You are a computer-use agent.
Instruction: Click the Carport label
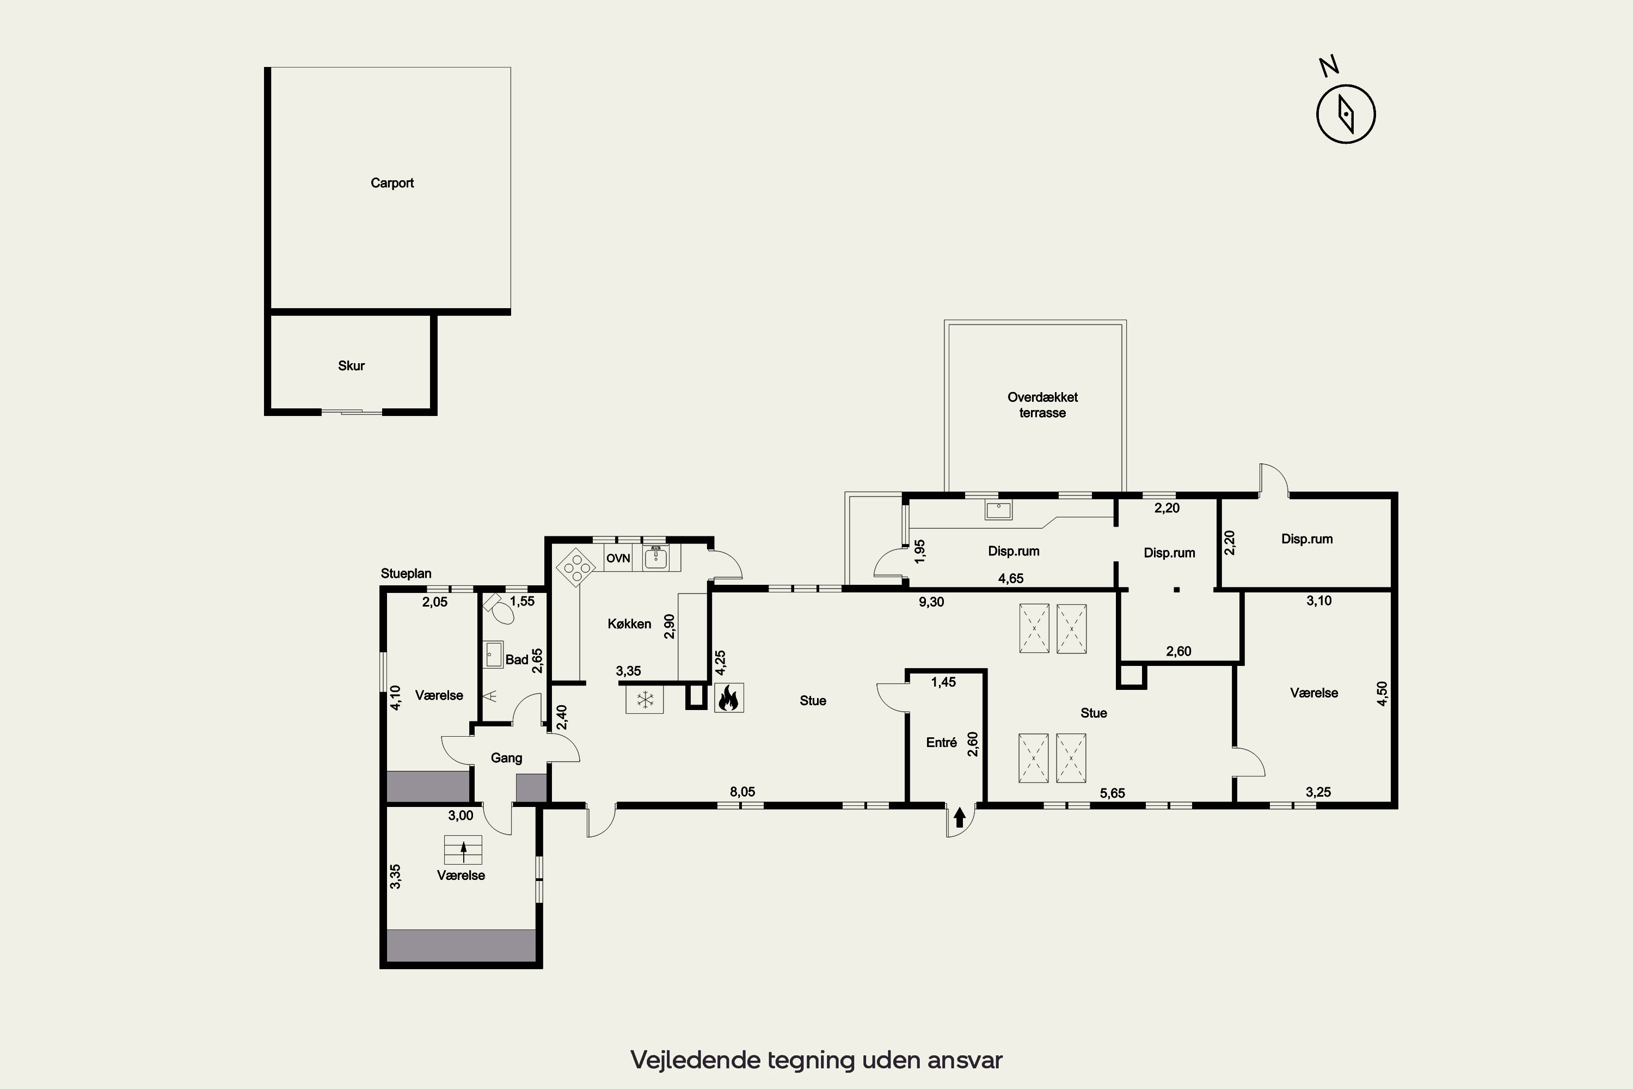coord(392,182)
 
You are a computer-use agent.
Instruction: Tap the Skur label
coord(351,366)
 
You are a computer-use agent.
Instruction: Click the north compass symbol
coord(1346,114)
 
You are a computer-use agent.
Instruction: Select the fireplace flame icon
coord(728,698)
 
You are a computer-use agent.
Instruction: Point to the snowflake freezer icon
coord(645,699)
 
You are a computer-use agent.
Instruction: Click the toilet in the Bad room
coord(499,610)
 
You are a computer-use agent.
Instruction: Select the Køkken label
coord(629,623)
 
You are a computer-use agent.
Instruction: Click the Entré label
coord(942,743)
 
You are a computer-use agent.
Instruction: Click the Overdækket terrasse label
coord(1042,405)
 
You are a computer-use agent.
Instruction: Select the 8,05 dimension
coord(742,792)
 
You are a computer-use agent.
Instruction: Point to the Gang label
coord(506,758)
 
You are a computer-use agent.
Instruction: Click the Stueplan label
coord(406,574)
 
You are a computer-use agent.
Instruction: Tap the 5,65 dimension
coord(1112,793)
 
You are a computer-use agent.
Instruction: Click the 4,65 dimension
coord(1011,578)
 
